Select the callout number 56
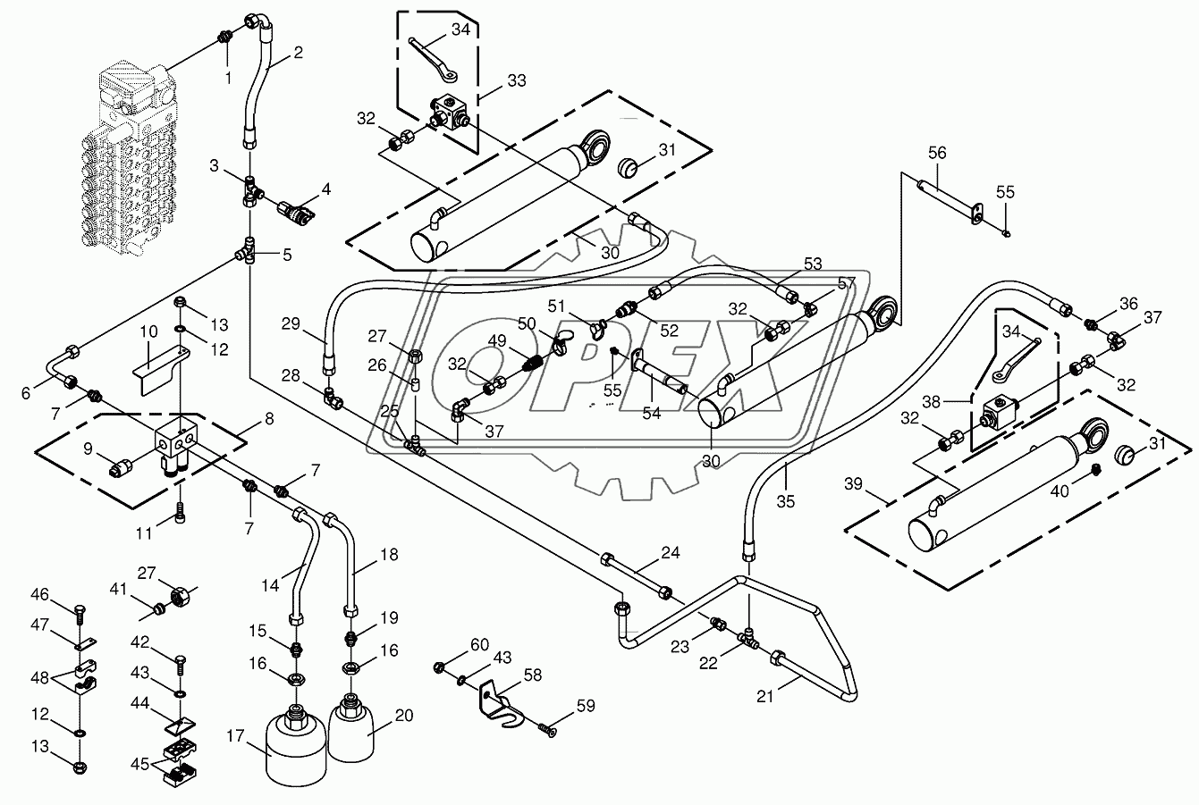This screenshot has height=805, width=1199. [936, 154]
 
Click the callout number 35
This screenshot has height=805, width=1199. [785, 501]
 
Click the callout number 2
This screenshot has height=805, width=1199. [298, 53]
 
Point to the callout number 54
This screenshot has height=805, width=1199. [651, 413]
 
